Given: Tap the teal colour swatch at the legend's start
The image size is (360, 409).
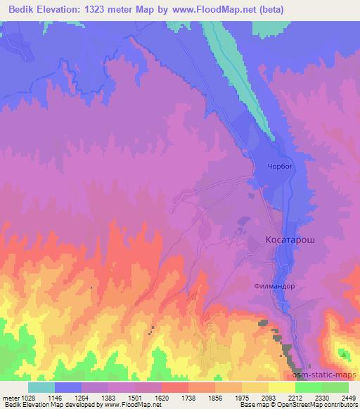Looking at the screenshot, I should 41,387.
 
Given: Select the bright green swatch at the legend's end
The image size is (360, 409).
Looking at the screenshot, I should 335,387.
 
